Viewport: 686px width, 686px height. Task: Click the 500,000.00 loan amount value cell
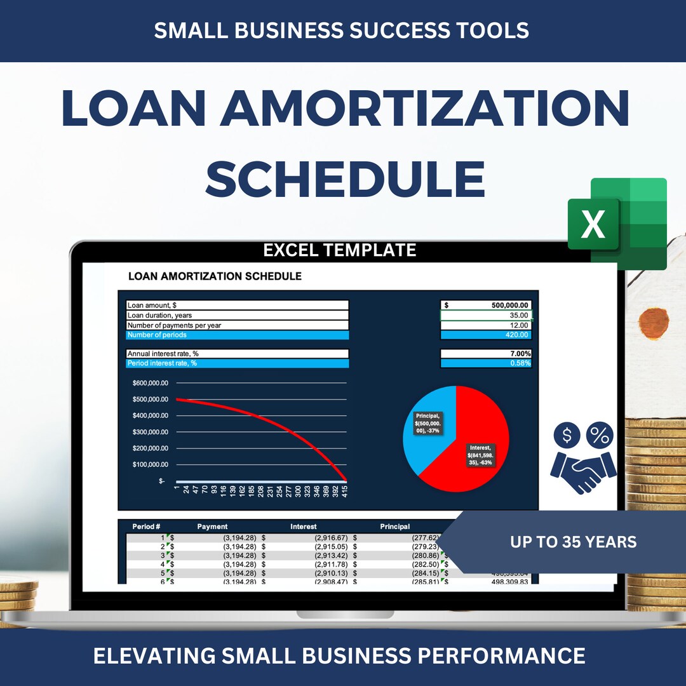[x=487, y=306]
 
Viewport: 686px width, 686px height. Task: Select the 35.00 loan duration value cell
[x=487, y=315]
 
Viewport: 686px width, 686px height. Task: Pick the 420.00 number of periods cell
[x=487, y=335]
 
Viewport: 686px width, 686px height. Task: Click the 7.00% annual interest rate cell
[x=487, y=354]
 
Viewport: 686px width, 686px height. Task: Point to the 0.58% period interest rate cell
[x=487, y=363]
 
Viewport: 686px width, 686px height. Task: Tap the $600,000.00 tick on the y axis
[x=150, y=383]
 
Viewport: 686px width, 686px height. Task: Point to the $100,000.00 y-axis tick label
[x=150, y=464]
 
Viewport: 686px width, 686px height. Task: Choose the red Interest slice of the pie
[x=483, y=419]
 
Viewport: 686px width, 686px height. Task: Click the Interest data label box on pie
[x=481, y=455]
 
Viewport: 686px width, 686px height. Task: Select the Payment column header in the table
[x=212, y=527]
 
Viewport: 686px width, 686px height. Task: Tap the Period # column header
[x=146, y=527]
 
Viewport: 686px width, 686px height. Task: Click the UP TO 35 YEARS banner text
[x=573, y=542]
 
